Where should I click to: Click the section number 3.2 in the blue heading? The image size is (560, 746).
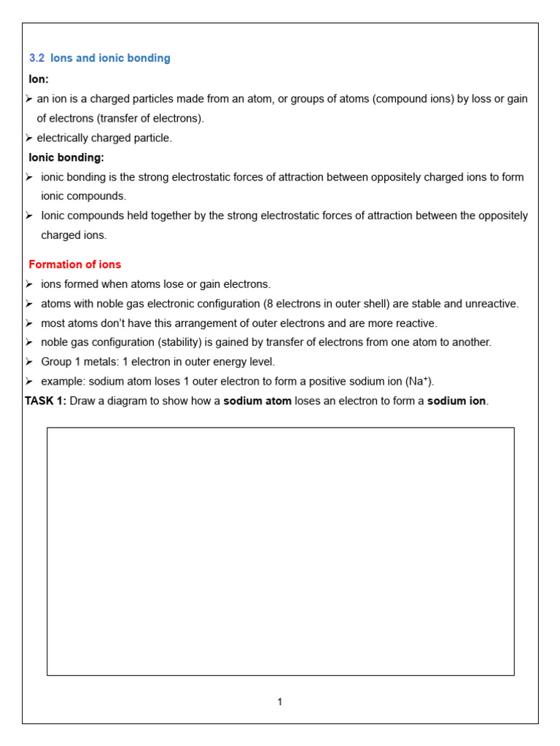[x=36, y=58]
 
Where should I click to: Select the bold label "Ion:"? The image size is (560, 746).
[x=39, y=79]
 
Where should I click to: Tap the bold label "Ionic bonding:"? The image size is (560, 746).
[x=66, y=157]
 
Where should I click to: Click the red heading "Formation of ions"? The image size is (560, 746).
[x=74, y=264]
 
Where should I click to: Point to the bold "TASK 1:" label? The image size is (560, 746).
[x=45, y=401]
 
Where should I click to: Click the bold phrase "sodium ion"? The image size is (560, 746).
[x=456, y=401]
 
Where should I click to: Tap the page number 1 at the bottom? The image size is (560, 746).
[x=280, y=702]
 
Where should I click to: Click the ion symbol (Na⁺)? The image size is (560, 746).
[x=419, y=382]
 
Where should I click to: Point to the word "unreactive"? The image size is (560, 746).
[x=492, y=304]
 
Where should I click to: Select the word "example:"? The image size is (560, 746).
[x=63, y=382]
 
